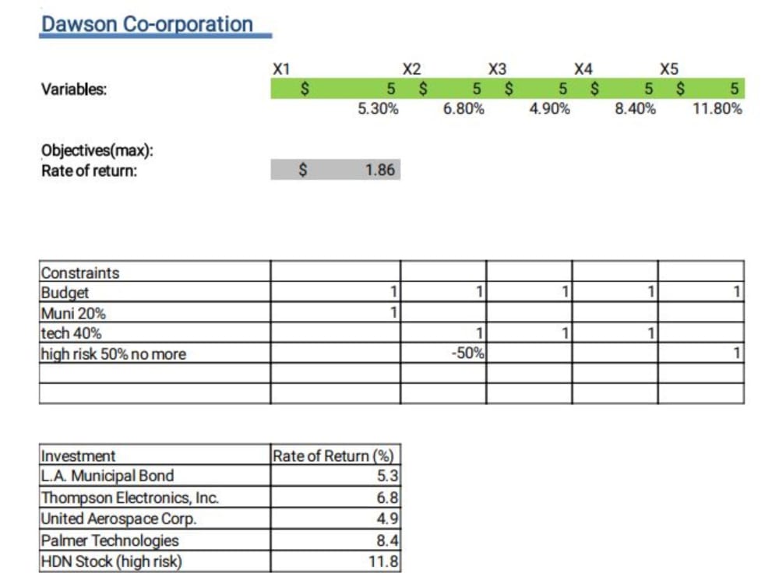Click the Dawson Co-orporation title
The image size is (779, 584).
click(147, 23)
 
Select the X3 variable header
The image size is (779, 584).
click(496, 69)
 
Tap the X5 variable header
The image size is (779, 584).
click(668, 69)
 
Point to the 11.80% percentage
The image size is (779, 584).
click(717, 109)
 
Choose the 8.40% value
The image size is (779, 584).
click(635, 109)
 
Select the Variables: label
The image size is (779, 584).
click(74, 89)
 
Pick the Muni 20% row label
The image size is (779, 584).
click(73, 313)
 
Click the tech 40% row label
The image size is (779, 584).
click(71, 333)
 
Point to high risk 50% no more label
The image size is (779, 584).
click(114, 354)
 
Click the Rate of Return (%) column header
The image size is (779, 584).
click(333, 456)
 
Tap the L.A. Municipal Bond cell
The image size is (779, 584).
click(108, 476)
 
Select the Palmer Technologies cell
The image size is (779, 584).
click(110, 540)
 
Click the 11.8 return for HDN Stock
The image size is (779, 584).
click(385, 561)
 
